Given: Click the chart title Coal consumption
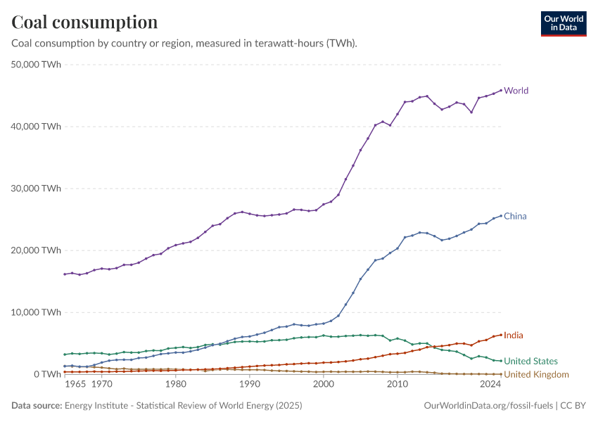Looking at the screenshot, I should pos(84,23).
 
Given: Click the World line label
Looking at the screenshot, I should pos(516,91).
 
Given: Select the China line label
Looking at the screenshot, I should pos(515,216).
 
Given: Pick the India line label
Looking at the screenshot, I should pos(514,335).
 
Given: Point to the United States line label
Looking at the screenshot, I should pos(530,362).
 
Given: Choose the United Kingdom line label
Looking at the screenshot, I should pos(536,374).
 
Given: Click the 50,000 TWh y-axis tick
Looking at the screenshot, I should pos(37,65).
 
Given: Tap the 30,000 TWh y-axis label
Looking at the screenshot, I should pos(37,188).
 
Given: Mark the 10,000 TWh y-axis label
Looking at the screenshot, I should pos(37,312).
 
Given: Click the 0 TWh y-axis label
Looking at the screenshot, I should pos(46,374).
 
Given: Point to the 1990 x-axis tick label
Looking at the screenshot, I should pos(249,385).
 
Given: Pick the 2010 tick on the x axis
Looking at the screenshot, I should pos(397,385).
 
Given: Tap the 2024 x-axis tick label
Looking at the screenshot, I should pos(490,385).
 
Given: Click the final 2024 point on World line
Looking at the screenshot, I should pos(501,90).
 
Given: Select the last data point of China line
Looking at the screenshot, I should pos(501,216).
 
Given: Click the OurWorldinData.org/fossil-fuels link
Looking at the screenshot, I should pos(488,406).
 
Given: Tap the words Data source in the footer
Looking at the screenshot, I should pos(35,406).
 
